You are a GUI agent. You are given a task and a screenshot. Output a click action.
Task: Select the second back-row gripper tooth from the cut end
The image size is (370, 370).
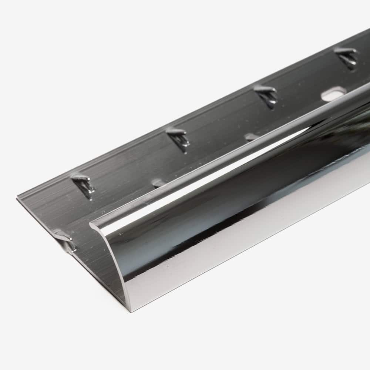pyautogui.click(x=178, y=137)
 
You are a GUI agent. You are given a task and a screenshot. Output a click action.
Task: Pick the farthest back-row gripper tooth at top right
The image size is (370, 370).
pyautogui.click(x=347, y=57)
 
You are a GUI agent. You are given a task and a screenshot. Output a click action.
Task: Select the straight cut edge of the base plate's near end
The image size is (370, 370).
pyautogui.click(x=41, y=215)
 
